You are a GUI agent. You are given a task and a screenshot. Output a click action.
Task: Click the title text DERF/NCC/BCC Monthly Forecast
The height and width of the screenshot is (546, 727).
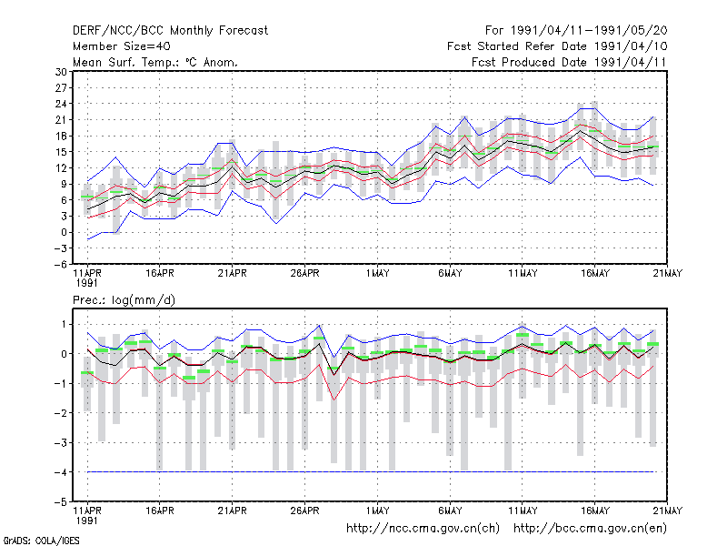(170, 31)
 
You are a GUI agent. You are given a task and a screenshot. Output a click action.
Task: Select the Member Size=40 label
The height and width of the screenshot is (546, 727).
(122, 46)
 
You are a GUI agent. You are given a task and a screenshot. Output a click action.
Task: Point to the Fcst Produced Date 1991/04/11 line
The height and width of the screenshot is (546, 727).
(569, 62)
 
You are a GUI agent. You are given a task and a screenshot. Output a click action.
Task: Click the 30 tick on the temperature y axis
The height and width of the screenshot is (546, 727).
(61, 72)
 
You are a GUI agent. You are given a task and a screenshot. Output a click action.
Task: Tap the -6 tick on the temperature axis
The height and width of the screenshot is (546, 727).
(60, 265)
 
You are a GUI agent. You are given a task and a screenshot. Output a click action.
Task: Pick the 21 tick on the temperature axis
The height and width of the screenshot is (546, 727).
(61, 120)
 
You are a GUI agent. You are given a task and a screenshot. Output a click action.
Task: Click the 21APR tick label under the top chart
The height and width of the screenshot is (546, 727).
(233, 274)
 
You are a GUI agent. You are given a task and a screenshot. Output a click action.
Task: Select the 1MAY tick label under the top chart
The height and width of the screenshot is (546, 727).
(377, 274)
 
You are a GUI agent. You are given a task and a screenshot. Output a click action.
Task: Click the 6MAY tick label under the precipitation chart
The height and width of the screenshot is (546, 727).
(450, 511)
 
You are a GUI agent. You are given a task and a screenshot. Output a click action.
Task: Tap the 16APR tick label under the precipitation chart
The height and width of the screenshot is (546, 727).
(160, 511)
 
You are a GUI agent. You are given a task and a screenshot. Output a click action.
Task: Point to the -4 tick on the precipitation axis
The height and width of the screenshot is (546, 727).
(60, 472)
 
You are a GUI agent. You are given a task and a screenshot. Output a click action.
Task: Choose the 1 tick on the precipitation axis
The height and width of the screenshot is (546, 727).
(64, 325)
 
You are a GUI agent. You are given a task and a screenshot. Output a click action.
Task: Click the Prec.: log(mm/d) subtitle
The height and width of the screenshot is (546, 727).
(124, 300)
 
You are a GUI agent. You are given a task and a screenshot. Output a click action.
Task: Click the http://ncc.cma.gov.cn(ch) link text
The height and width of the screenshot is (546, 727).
(423, 529)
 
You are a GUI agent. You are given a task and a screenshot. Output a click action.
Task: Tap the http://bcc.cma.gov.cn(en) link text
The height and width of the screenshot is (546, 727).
(590, 529)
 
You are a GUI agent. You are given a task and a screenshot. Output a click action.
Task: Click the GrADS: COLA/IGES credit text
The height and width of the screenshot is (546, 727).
(41, 541)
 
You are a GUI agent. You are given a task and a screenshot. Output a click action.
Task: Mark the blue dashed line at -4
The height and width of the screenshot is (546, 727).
(371, 472)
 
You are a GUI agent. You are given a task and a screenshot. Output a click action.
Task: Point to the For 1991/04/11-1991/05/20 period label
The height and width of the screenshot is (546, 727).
(576, 31)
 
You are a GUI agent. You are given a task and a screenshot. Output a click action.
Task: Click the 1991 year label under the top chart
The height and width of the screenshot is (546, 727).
(87, 283)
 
